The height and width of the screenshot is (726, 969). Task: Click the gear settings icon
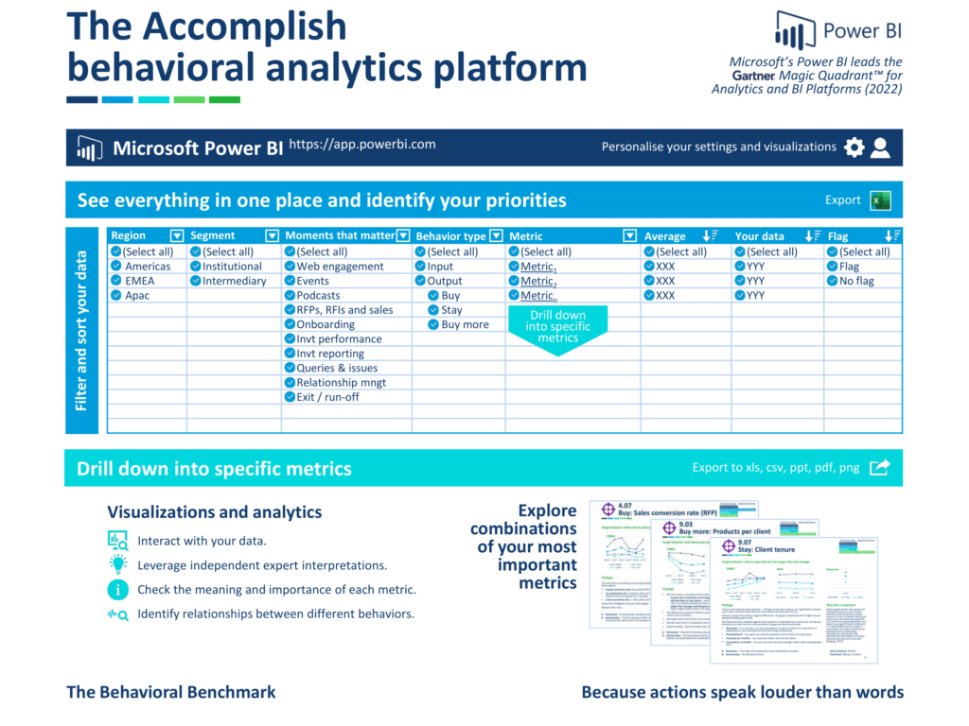click(854, 147)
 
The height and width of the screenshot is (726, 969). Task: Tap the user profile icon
click(881, 147)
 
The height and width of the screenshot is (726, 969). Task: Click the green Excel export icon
click(881, 200)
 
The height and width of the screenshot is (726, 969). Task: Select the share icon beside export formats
click(880, 467)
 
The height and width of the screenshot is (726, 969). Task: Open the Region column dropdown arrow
click(177, 235)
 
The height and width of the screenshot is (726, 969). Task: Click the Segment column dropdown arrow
click(272, 235)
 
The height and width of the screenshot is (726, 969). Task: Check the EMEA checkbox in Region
click(116, 281)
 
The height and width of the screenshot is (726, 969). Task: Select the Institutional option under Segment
click(231, 267)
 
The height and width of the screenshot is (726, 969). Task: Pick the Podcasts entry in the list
click(318, 296)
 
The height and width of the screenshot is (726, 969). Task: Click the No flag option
click(855, 281)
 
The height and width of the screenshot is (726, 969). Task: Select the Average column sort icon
click(707, 235)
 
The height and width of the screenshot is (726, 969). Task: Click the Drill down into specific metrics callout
click(557, 327)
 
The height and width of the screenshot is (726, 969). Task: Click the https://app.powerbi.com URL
click(361, 145)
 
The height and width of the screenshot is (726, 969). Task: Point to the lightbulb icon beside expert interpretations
click(118, 565)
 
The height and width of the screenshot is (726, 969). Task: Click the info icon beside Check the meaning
click(118, 590)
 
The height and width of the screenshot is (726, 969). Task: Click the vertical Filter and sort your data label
click(81, 330)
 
